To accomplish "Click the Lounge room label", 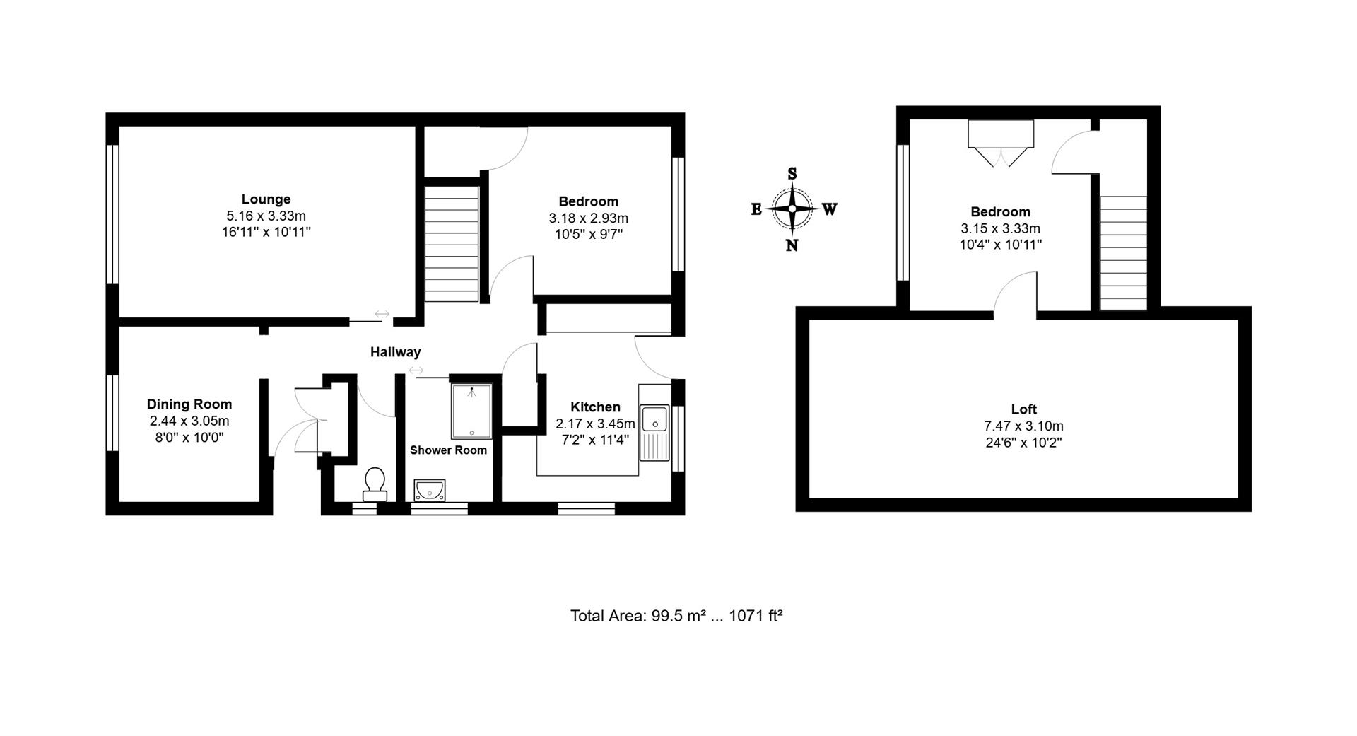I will [x=266, y=199].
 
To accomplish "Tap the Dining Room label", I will [x=189, y=404].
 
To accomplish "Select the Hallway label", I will [x=395, y=352].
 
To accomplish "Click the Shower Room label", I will [x=448, y=450].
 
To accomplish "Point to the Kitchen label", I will [x=595, y=407].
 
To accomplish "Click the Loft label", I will [x=1023, y=409].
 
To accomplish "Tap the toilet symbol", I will [x=375, y=483].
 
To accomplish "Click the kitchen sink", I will [x=655, y=432].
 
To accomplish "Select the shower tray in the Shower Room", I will [x=471, y=411].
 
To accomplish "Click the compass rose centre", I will [x=792, y=209].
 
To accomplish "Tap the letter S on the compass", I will [x=792, y=174].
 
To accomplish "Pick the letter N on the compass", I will [x=792, y=245].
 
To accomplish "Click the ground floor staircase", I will [x=451, y=241].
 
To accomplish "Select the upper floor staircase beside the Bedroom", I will [x=1123, y=252].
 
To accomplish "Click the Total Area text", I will [x=676, y=616].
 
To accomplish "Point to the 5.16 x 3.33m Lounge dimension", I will [x=266, y=216].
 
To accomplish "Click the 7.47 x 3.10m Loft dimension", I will [x=1023, y=426].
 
